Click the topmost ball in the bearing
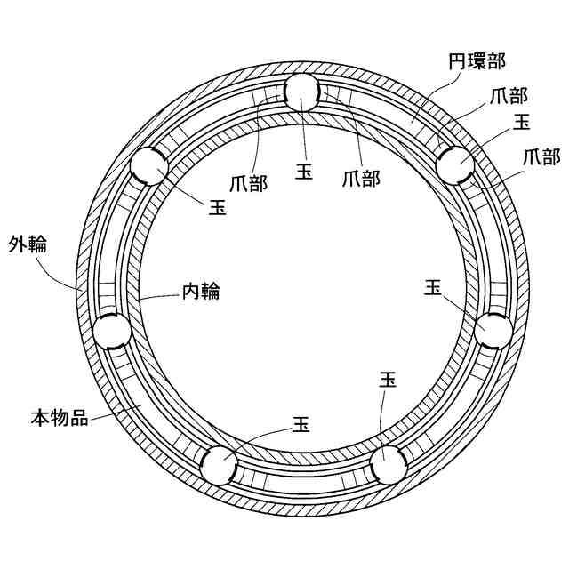click(303, 92)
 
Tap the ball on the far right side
click(493, 331)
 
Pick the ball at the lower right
click(388, 463)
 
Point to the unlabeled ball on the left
click(113, 332)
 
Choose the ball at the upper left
click(148, 166)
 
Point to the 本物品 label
click(60, 417)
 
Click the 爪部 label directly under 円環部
click(508, 96)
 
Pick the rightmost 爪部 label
click(541, 157)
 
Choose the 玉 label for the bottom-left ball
click(301, 424)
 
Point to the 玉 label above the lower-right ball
click(388, 380)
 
